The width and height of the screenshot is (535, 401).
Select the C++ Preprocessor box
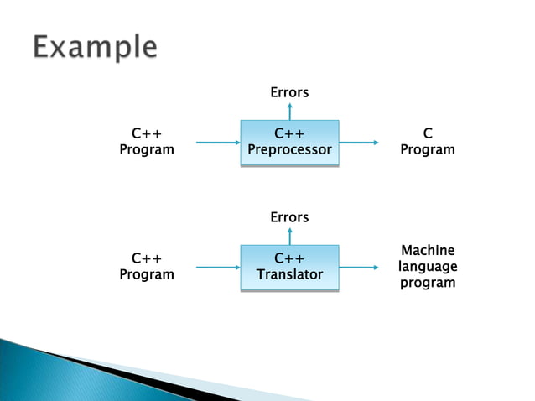tap(289, 143)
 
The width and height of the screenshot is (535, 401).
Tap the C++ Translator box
tap(289, 268)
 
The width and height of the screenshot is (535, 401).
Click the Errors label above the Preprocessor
tap(289, 92)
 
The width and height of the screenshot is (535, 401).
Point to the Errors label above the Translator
tap(289, 217)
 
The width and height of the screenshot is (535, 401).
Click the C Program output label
tap(428, 142)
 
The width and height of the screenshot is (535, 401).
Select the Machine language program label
tap(428, 266)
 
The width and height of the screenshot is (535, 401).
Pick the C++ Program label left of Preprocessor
tap(147, 142)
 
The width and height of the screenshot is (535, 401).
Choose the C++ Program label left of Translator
tap(147, 266)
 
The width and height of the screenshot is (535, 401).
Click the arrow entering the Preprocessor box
tap(218, 143)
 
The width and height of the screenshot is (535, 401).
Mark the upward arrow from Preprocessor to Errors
tap(289, 111)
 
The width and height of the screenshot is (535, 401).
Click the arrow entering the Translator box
tap(218, 268)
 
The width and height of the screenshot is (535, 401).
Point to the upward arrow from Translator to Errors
tap(289, 236)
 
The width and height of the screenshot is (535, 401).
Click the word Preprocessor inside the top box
tap(289, 150)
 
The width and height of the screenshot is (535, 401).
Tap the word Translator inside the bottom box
tap(289, 275)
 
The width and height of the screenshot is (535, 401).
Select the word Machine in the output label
tap(428, 250)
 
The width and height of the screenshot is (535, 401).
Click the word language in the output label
tap(428, 266)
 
